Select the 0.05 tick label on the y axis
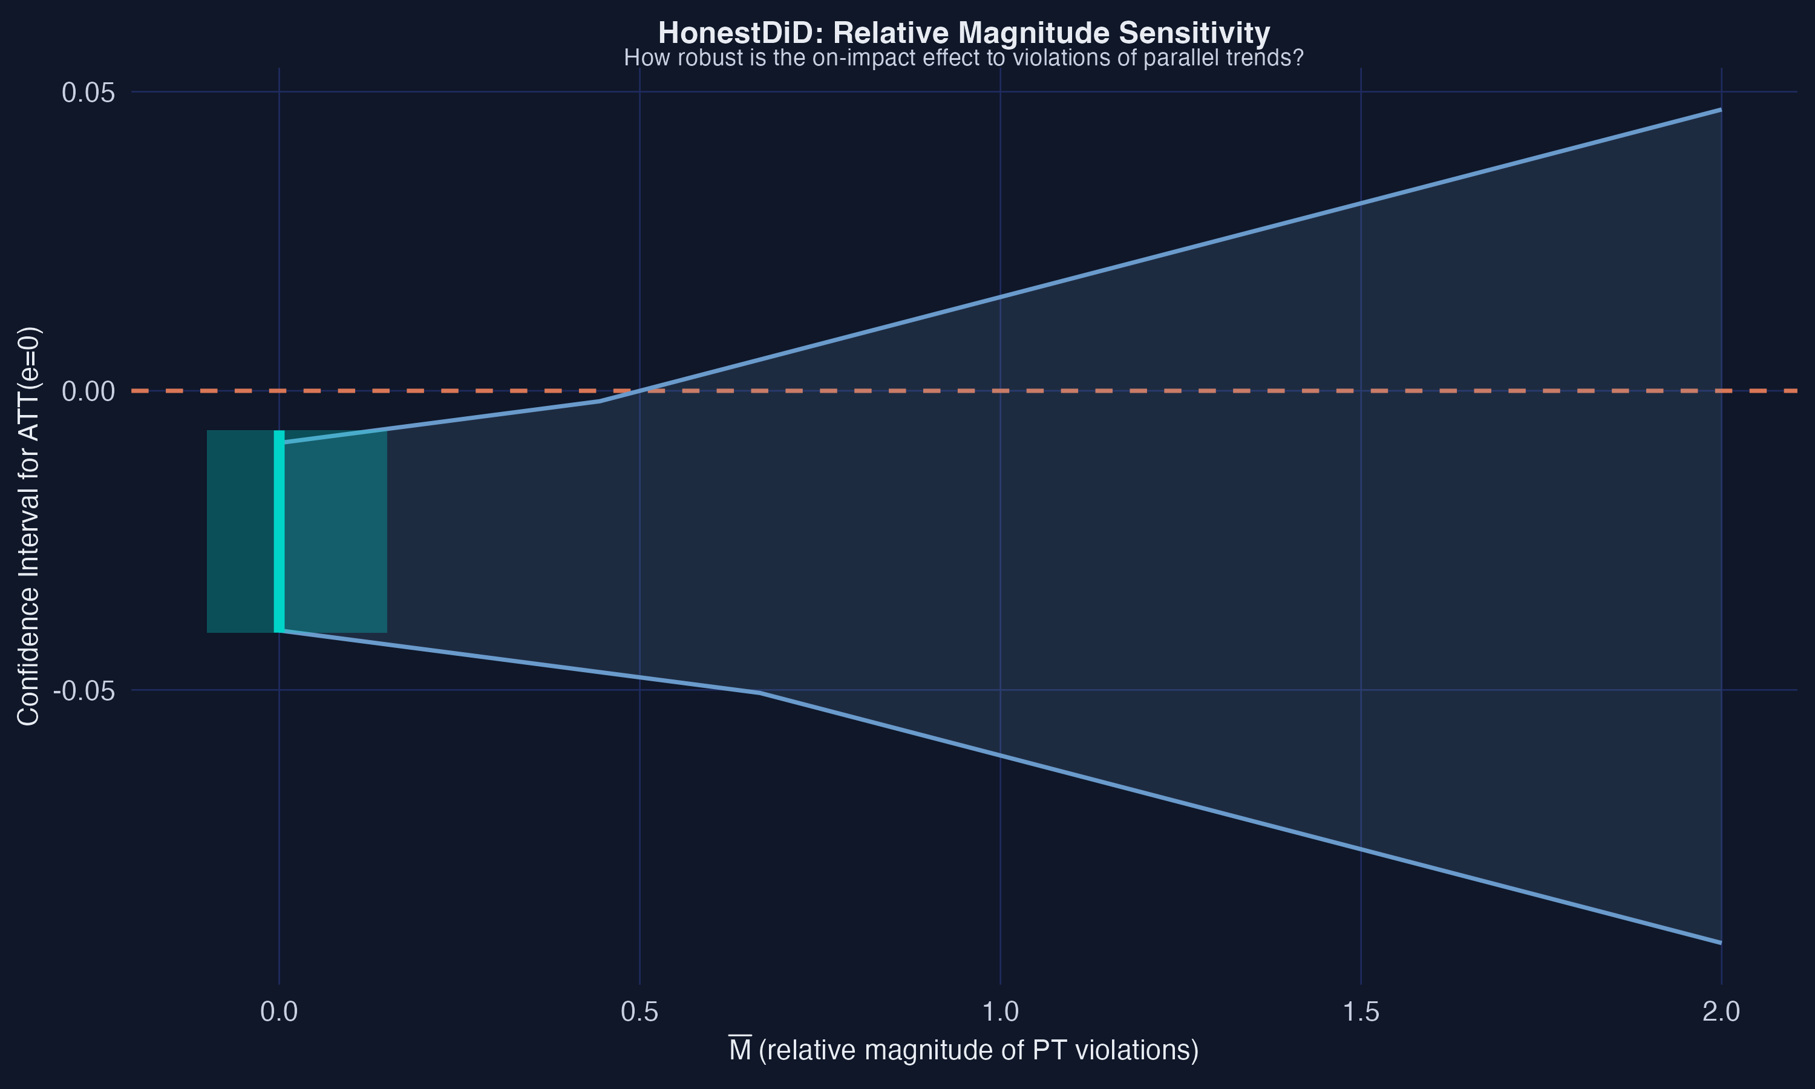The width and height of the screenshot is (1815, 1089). click(88, 93)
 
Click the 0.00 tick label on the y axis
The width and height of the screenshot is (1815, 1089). click(88, 391)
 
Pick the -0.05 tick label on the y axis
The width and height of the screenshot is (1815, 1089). click(84, 690)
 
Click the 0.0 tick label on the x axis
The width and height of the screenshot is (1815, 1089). click(279, 1012)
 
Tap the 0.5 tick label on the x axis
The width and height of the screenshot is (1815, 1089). click(639, 1012)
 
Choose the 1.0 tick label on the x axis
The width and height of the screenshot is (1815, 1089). click(1001, 1012)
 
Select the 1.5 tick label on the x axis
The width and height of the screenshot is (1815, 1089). click(1361, 1012)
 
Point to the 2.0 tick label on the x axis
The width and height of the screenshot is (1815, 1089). click(1721, 1012)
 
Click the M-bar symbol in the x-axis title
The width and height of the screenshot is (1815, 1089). click(739, 1050)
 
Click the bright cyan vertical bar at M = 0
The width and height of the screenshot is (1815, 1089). click(279, 531)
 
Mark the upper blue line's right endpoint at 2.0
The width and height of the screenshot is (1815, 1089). click(1721, 110)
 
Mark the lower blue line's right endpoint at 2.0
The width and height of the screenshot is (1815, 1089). click(1721, 943)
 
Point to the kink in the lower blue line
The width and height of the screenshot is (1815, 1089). click(760, 693)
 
